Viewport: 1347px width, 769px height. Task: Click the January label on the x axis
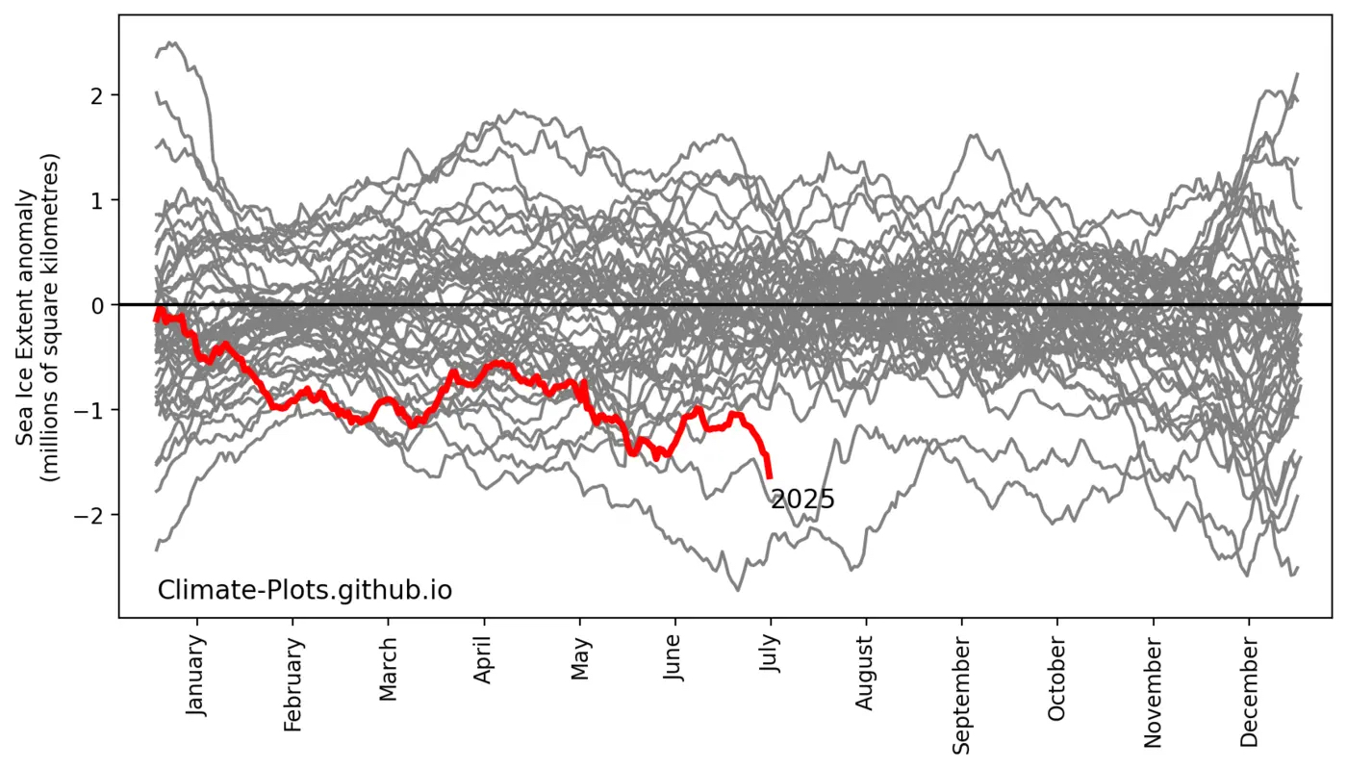point(196,674)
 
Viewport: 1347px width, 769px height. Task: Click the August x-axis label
point(865,673)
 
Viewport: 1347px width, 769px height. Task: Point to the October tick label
point(1056,679)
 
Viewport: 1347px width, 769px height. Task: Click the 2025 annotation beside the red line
point(802,500)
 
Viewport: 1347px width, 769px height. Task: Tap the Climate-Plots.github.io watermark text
point(304,589)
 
